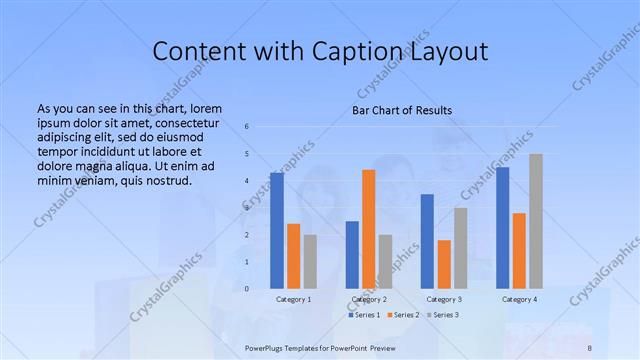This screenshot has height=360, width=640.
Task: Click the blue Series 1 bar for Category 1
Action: [277, 231]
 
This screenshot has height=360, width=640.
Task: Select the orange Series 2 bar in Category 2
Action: [369, 229]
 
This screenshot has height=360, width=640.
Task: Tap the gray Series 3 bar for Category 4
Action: [536, 221]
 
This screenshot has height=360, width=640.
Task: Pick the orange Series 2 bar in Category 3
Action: [444, 264]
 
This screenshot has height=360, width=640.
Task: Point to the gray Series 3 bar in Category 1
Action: [310, 262]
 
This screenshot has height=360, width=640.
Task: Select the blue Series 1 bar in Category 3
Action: [427, 241]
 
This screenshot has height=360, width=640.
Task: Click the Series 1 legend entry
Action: [363, 315]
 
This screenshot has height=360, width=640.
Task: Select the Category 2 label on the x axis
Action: [369, 299]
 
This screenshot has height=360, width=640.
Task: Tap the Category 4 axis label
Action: [519, 299]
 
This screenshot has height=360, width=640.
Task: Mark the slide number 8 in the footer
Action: [590, 346]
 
